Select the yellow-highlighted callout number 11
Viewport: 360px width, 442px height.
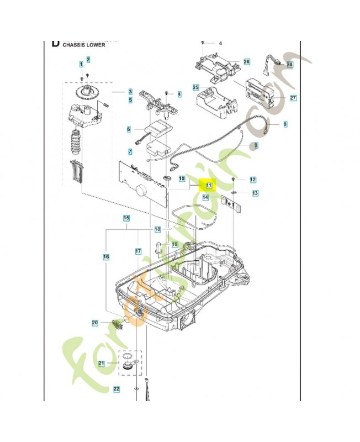tap(209, 186)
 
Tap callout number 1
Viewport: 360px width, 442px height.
tap(81, 65)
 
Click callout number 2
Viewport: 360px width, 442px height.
tap(88, 59)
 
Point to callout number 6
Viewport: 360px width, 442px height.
tap(129, 129)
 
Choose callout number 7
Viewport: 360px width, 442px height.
tap(130, 151)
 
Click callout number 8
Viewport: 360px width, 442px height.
tap(285, 125)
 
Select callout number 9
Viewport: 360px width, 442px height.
tap(255, 145)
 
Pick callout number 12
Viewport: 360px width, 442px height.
tap(253, 180)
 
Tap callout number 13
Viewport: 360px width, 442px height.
tap(255, 193)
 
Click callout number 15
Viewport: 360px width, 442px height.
tap(126, 218)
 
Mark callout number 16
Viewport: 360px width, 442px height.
tap(105, 257)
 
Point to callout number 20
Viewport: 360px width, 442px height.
tap(94, 323)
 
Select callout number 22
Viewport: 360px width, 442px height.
tap(116, 390)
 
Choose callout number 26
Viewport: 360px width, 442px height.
tap(246, 61)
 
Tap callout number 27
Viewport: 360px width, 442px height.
tap(293, 98)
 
